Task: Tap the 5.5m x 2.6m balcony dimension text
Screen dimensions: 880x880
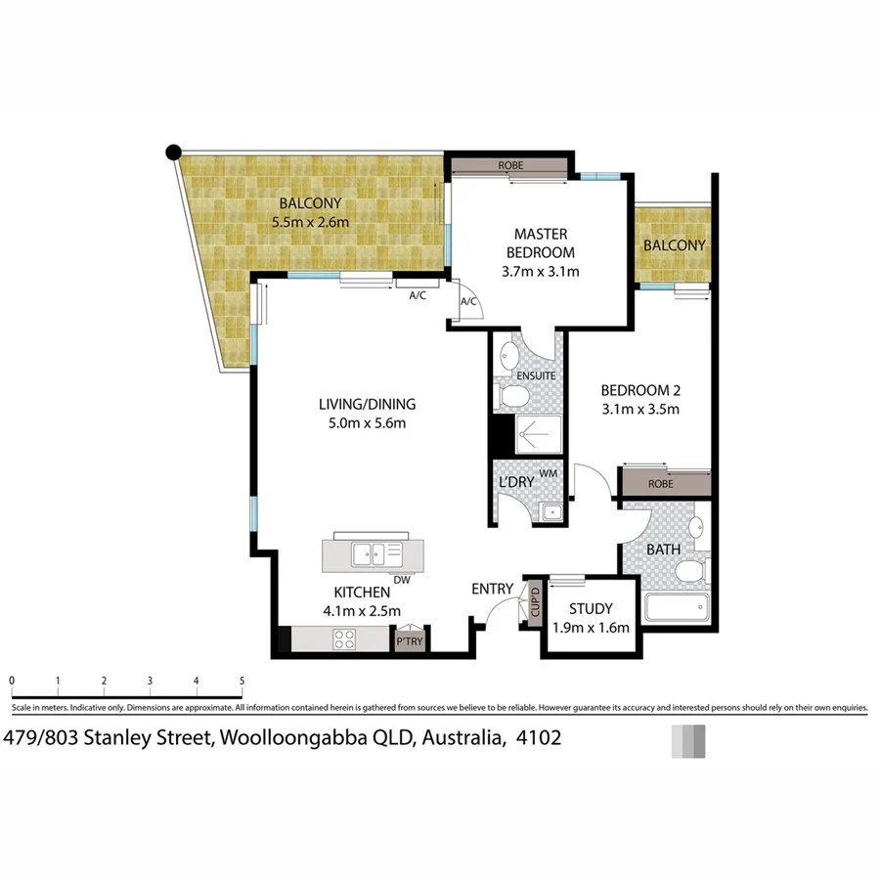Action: (311, 222)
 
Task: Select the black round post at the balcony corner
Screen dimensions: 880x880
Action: (173, 152)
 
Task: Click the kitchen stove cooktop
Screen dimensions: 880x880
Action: (345, 640)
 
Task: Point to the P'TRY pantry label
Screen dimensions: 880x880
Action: (408, 642)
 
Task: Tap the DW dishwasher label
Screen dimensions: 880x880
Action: (401, 580)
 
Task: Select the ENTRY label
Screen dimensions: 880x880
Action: (492, 588)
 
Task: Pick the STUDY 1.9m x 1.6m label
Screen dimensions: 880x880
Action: (591, 619)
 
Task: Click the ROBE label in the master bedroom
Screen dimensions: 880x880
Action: (510, 165)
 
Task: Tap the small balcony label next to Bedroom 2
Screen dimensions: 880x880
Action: (674, 245)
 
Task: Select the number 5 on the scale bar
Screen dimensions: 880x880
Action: (242, 680)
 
